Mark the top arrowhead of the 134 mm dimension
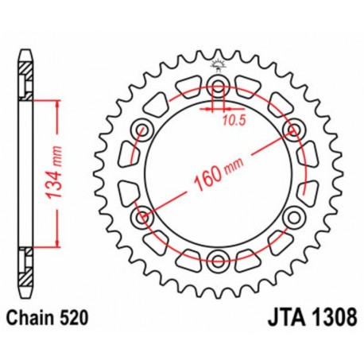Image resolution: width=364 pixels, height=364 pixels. coord(57,103)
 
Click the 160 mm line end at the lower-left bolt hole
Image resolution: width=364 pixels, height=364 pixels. coord(146,214)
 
